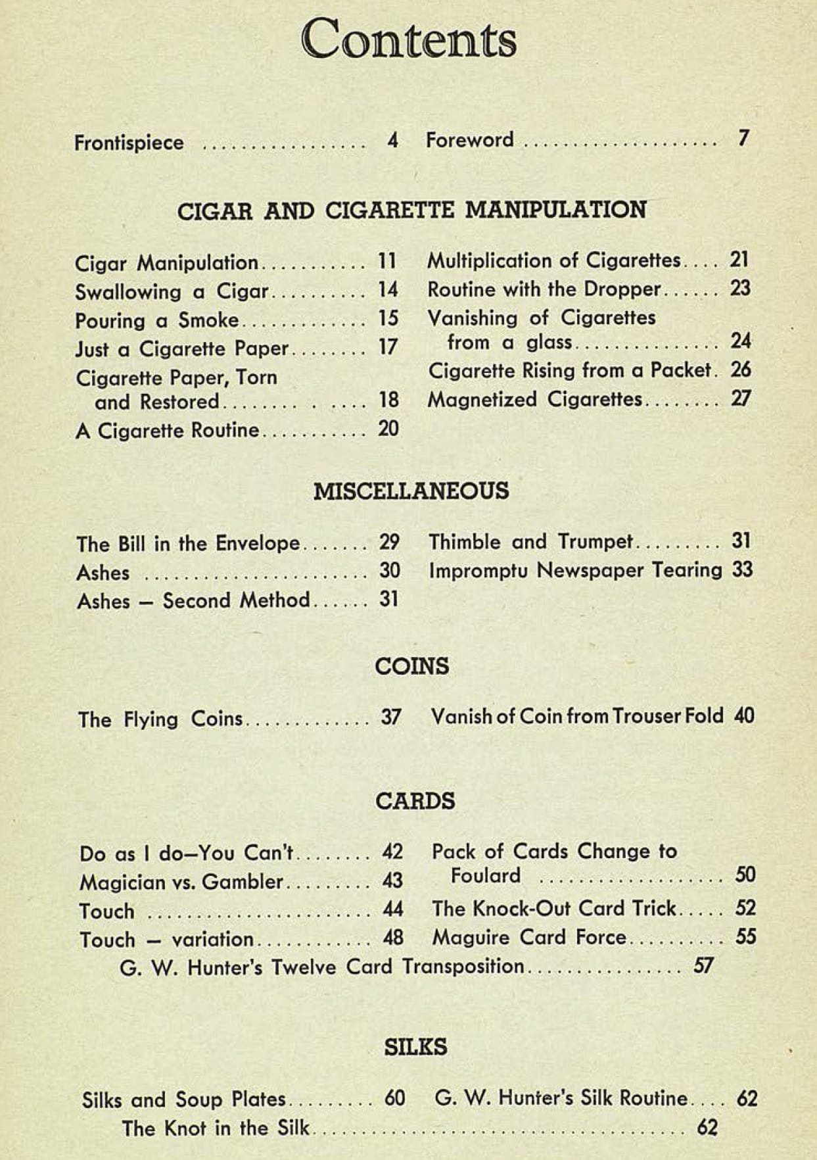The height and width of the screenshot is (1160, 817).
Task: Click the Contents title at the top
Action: (x=409, y=40)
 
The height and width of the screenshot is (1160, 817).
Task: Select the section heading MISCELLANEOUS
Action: (x=411, y=491)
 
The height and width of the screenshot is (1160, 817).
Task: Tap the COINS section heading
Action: (x=412, y=666)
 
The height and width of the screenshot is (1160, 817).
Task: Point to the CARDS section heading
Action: (x=415, y=801)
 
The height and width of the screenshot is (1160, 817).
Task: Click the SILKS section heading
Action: (x=415, y=1047)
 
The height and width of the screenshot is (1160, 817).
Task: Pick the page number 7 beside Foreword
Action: (x=743, y=139)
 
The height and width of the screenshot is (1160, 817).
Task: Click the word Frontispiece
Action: (x=129, y=143)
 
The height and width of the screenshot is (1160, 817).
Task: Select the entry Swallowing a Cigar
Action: (x=172, y=291)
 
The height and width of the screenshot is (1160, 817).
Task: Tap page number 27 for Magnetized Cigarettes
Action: (x=741, y=399)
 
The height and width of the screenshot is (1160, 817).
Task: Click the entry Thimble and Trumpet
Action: (x=530, y=542)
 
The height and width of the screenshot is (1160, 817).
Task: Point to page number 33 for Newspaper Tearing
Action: (x=742, y=569)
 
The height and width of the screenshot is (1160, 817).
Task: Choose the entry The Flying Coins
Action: (x=160, y=719)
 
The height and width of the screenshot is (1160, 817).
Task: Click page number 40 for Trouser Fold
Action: (x=744, y=716)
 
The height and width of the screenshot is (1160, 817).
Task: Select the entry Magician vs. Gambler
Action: (x=181, y=882)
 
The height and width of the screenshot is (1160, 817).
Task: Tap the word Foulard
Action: (x=486, y=876)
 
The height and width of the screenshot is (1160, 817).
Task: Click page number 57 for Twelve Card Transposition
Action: (x=703, y=966)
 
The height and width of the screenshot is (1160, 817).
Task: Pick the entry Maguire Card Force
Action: (x=528, y=937)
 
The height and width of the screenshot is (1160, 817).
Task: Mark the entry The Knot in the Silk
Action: (x=215, y=1128)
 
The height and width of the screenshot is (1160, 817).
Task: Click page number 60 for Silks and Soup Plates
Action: (x=394, y=1098)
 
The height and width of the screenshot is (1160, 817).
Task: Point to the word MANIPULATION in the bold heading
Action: (x=555, y=210)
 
